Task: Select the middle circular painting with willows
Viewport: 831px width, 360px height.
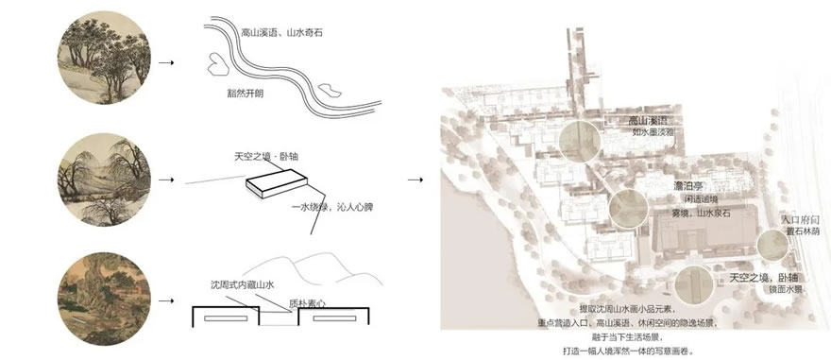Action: (x=103, y=177)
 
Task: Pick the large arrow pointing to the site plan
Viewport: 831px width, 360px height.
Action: (x=415, y=177)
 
